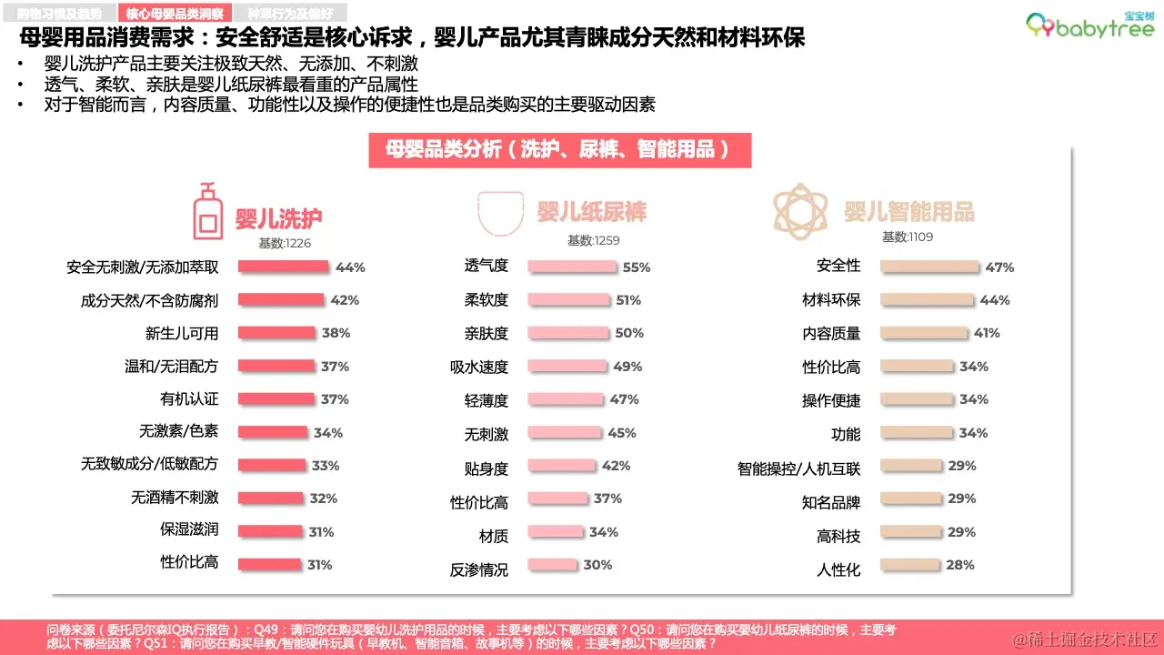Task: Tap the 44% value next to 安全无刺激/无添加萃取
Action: (350, 267)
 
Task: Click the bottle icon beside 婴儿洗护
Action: (208, 211)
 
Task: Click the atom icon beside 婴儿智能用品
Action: (800, 208)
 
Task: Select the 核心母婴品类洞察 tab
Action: (174, 13)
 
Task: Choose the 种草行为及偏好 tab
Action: (290, 13)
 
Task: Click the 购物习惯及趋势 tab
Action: (60, 13)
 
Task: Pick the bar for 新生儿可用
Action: (276, 333)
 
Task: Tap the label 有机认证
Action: (189, 399)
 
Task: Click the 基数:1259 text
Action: (593, 240)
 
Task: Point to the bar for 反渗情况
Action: (552, 565)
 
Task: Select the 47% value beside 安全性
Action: (999, 267)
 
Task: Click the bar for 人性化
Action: (910, 565)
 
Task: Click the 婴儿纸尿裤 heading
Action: (591, 212)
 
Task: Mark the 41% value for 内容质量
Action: (987, 333)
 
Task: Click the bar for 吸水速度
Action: (567, 367)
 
